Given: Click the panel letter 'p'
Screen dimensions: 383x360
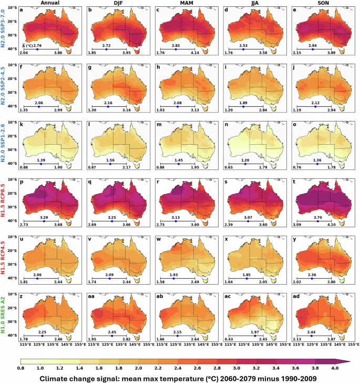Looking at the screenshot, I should pyautogui.click(x=22, y=183).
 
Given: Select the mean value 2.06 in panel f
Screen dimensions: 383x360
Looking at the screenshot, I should pyautogui.click(x=38, y=103).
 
